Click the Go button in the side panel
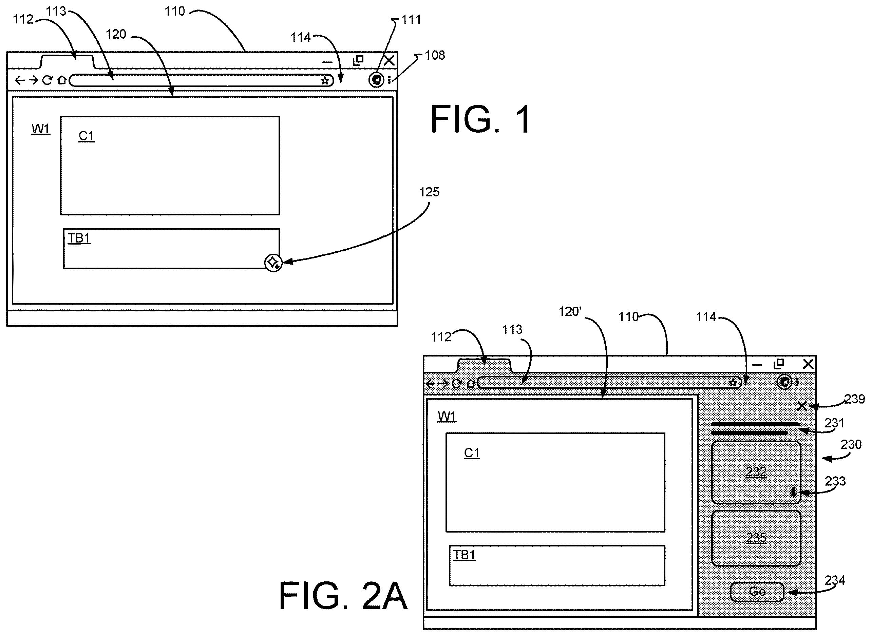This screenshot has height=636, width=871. click(x=757, y=592)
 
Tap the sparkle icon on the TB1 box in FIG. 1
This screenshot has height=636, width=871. click(x=273, y=263)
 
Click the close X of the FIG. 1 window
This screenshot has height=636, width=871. click(x=389, y=60)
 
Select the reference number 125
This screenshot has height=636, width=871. click(x=429, y=192)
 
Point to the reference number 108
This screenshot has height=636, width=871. click(x=435, y=55)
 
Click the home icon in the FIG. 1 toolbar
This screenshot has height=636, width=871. click(x=62, y=80)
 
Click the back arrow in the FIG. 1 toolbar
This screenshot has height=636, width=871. click(x=20, y=80)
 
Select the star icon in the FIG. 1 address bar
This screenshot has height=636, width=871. click(x=325, y=80)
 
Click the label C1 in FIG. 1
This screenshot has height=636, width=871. click(x=86, y=136)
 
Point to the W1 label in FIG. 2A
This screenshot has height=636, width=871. click(x=447, y=416)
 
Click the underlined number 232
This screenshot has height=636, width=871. click(x=756, y=471)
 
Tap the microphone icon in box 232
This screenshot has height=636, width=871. click(x=793, y=493)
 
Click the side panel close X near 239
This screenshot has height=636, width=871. click(x=802, y=406)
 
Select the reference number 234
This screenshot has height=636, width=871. click(x=834, y=580)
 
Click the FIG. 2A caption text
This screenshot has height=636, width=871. click(x=343, y=596)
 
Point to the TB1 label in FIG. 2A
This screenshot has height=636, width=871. click(x=465, y=555)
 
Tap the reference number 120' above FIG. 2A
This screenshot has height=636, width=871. click(x=570, y=311)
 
